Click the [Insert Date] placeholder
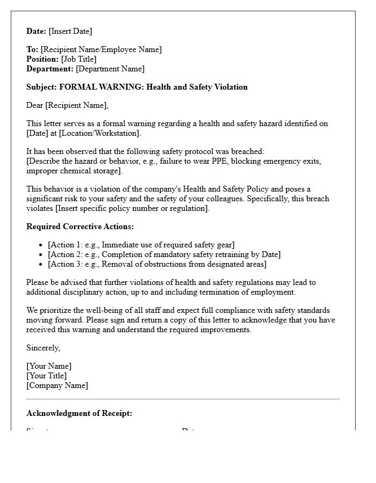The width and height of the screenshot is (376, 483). click(x=70, y=31)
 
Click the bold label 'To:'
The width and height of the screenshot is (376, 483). click(x=32, y=49)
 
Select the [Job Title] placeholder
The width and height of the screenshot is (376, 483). click(x=78, y=59)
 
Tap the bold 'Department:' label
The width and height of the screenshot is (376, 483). click(x=50, y=69)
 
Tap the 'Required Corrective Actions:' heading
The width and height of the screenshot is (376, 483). click(x=80, y=226)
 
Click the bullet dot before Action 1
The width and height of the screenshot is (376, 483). click(x=41, y=245)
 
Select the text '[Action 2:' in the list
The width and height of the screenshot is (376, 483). click(x=65, y=254)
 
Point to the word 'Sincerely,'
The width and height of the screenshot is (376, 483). click(x=43, y=348)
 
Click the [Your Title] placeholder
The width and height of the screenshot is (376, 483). click(x=46, y=376)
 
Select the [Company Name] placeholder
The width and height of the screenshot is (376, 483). click(x=57, y=385)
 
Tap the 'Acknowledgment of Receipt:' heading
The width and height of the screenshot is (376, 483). click(x=79, y=413)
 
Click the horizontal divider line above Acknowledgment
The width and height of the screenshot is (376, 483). click(x=183, y=399)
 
